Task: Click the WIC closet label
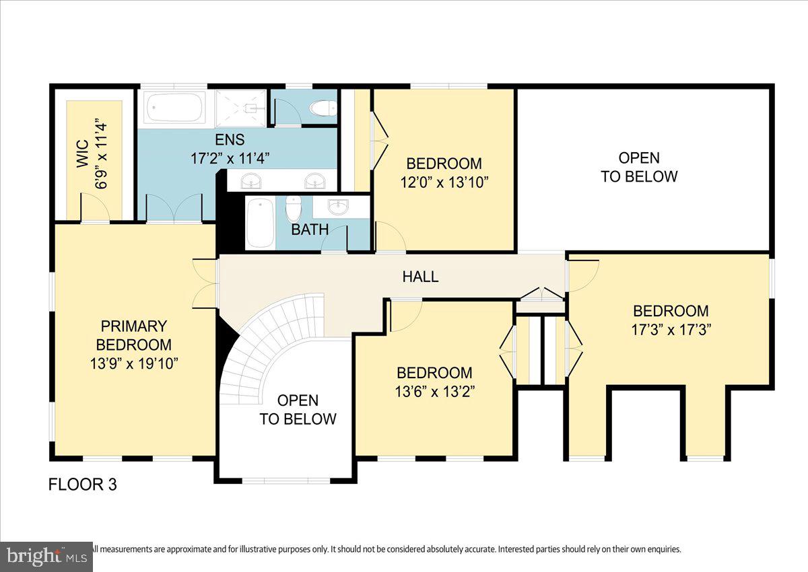point(82,154)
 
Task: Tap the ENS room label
point(230,140)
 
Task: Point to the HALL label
point(420,276)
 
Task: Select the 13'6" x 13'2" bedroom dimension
point(434,391)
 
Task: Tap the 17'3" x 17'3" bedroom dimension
point(671,330)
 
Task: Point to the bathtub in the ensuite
point(174,108)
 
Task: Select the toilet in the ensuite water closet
point(322,108)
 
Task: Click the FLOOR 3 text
point(83,485)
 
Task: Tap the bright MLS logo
point(46,557)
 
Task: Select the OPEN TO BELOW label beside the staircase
point(298,410)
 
